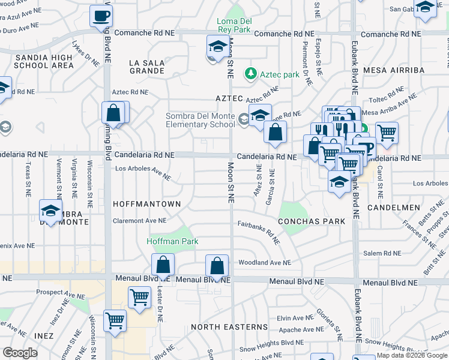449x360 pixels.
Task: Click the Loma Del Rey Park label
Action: click(x=234, y=26)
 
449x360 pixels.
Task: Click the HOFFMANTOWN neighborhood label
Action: click(x=146, y=204)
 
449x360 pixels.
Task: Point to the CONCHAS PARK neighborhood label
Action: click(x=312, y=221)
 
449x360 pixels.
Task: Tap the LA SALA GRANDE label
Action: click(x=147, y=66)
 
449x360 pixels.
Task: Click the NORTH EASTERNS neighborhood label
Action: click(x=229, y=327)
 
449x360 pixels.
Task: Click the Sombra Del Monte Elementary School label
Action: click(x=200, y=120)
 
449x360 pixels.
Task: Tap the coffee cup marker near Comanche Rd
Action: click(x=101, y=16)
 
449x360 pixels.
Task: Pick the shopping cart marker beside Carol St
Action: click(x=387, y=133)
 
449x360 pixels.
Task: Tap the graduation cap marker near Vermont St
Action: click(x=50, y=210)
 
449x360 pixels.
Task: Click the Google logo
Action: click(x=20, y=353)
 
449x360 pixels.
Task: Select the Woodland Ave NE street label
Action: click(x=264, y=262)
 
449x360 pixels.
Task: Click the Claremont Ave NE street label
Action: click(x=139, y=221)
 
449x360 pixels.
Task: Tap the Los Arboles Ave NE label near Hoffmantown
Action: click(x=143, y=172)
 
